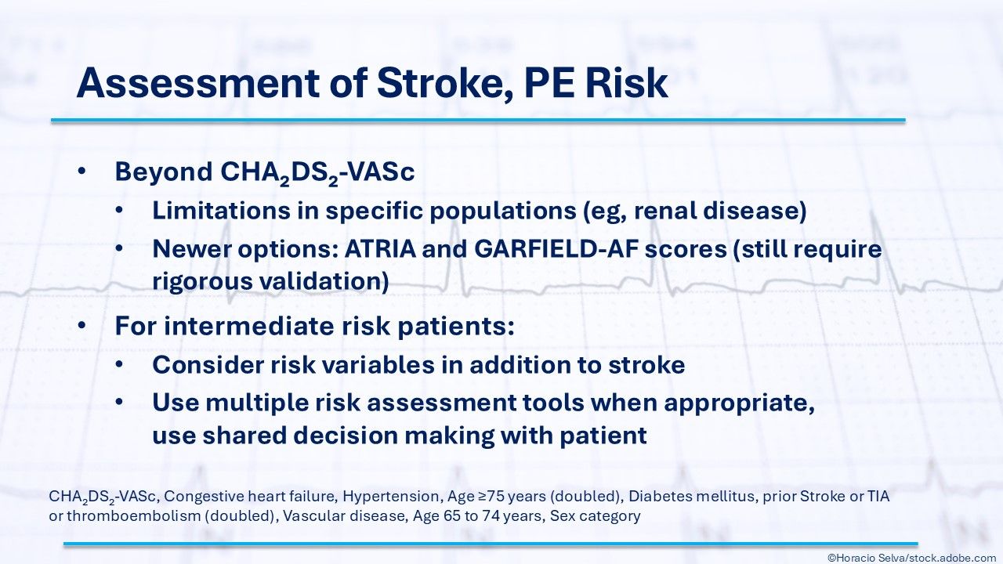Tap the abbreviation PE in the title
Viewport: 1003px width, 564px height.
549,83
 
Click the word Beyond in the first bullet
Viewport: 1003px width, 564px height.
164,172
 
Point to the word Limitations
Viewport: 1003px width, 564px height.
221,211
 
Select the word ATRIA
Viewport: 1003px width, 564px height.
380,249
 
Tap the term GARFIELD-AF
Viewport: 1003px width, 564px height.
556,249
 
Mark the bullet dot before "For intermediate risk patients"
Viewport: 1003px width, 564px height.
81,325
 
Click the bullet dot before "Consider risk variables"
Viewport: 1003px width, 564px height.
118,364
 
